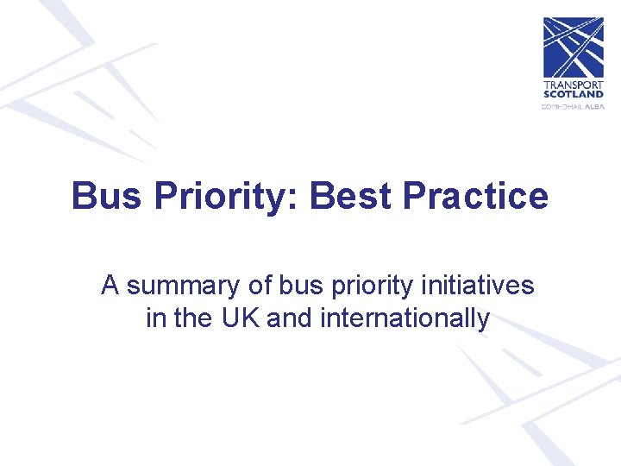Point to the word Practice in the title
pos(474,196)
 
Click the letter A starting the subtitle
pos(110,285)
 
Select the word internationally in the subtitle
pos(405,319)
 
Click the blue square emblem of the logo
pos(573,47)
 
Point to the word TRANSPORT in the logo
pos(573,85)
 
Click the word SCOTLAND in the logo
pos(573,94)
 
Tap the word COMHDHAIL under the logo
pos(562,106)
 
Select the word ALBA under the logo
pos(594,106)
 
